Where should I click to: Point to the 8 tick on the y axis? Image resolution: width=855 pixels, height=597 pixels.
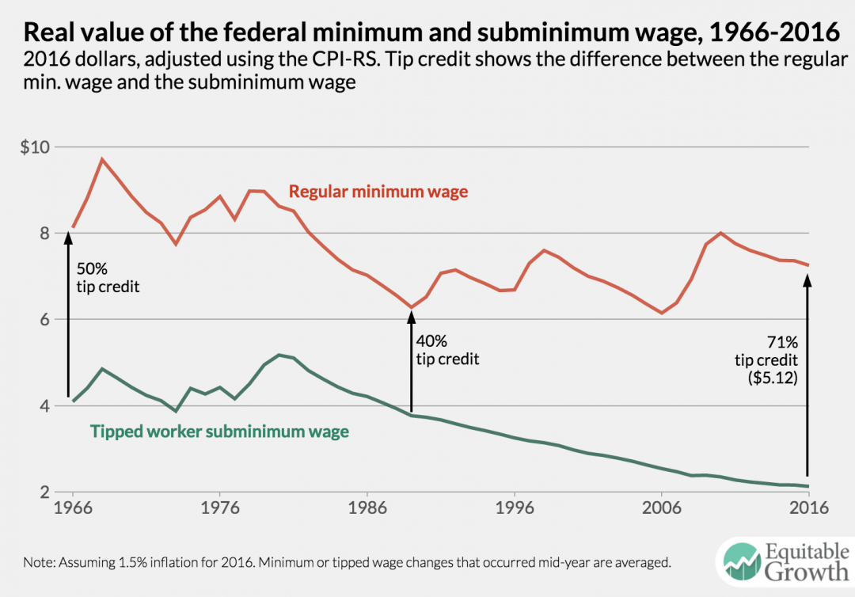click(x=42, y=234)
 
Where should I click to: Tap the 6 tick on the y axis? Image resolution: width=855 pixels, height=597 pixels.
click(x=42, y=320)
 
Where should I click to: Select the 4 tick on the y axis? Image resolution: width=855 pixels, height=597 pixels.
click(x=42, y=406)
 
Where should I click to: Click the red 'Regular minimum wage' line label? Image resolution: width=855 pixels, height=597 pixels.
click(x=378, y=192)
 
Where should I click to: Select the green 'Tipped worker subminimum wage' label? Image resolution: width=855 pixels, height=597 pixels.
click(x=218, y=432)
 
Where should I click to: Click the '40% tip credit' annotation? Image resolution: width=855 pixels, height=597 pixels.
click(x=447, y=349)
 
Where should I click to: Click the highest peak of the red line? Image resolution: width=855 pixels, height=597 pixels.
click(x=101, y=159)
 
